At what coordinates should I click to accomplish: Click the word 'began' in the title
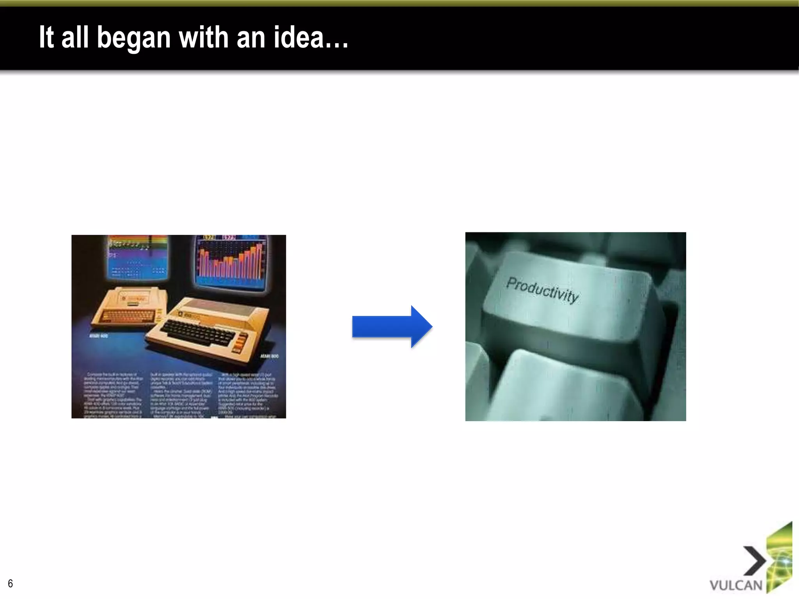(134, 38)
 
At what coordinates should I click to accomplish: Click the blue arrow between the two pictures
(392, 327)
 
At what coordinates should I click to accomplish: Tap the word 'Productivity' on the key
(542, 289)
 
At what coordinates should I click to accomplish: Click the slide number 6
(10, 583)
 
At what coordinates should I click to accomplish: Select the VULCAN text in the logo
(736, 585)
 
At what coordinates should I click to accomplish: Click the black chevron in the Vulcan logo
(754, 561)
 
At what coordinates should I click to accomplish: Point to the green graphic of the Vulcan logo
(779, 558)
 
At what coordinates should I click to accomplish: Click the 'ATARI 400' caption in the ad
(99, 335)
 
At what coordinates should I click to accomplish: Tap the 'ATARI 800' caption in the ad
(269, 356)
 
